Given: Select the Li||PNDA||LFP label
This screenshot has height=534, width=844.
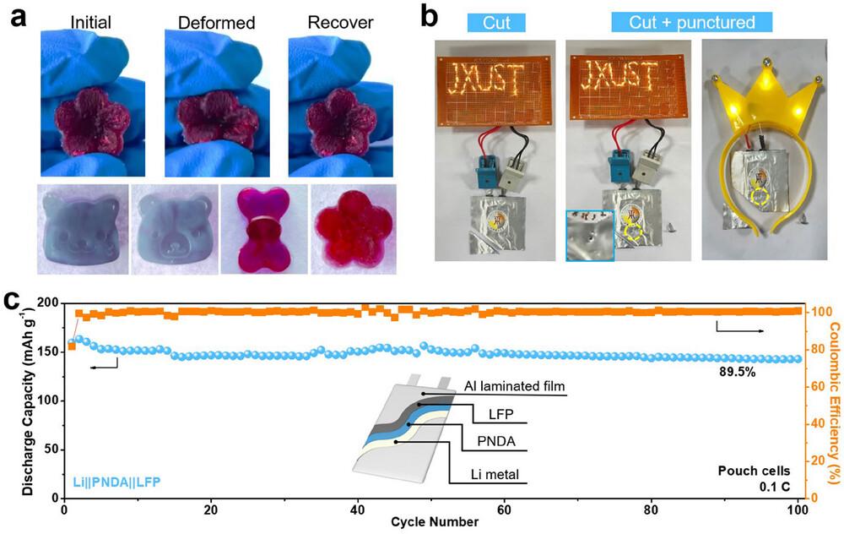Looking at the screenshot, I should [108, 482].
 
